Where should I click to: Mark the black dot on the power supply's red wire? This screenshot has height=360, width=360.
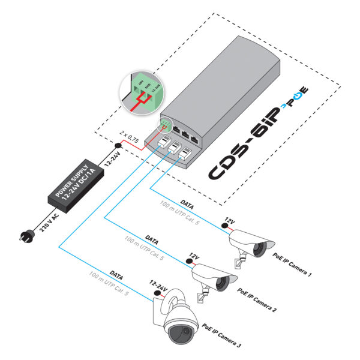[119, 146]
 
